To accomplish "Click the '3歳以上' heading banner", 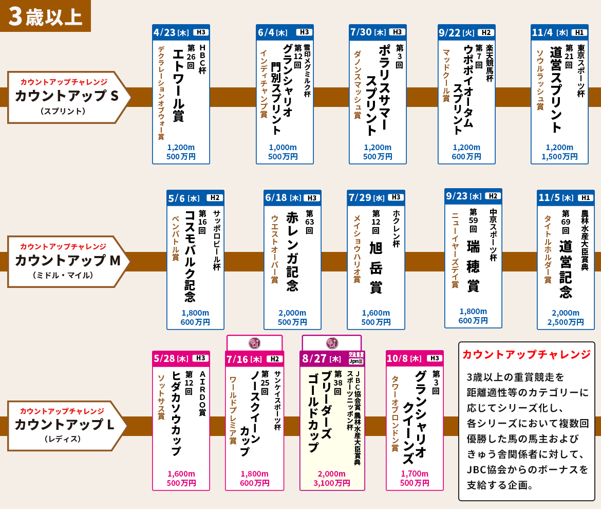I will coord(45,16).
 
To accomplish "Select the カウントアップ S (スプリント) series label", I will coord(66,97).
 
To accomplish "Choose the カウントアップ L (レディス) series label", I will coord(66,426).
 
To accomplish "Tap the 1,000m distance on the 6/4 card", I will coord(283,147).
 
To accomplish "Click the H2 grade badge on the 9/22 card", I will coord(485,32).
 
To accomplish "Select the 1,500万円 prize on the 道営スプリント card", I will coord(559,157).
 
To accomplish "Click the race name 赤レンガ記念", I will coord(292,251).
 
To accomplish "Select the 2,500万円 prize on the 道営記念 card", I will coord(566,322).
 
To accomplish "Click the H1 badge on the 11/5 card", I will coord(585,198).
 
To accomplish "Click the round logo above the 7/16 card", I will coord(254,343).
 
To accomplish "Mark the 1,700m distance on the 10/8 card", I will coord(415,474).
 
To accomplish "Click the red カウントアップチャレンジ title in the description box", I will coord(526,355).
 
